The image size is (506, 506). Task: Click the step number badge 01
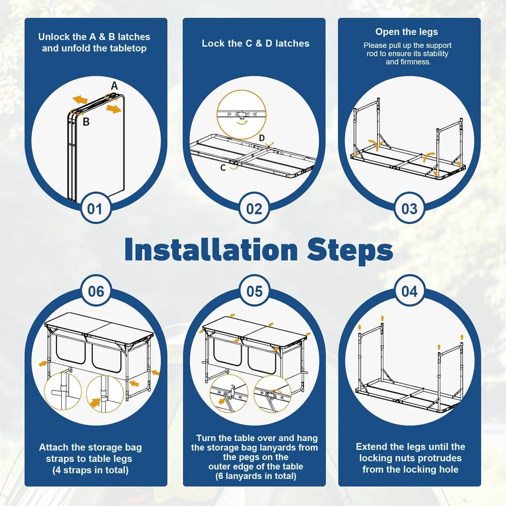(95, 208)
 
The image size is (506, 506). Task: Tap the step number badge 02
(254, 208)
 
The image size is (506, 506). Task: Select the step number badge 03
(409, 208)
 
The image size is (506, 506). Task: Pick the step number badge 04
(410, 291)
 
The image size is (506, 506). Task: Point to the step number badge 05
(254, 291)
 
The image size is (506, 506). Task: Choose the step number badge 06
(96, 291)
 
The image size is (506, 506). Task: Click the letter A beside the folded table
(115, 86)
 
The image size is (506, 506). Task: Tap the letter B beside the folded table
(86, 122)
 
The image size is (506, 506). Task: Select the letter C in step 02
(223, 168)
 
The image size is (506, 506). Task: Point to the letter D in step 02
(262, 138)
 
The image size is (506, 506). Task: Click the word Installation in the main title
(211, 250)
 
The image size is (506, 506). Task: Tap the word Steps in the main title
(350, 250)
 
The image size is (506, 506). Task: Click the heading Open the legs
(407, 32)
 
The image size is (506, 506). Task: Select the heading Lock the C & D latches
(255, 43)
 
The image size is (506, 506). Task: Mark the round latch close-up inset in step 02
(242, 115)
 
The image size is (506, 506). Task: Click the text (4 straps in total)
(91, 470)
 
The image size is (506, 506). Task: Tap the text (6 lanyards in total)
(256, 476)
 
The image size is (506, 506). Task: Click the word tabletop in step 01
(128, 48)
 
